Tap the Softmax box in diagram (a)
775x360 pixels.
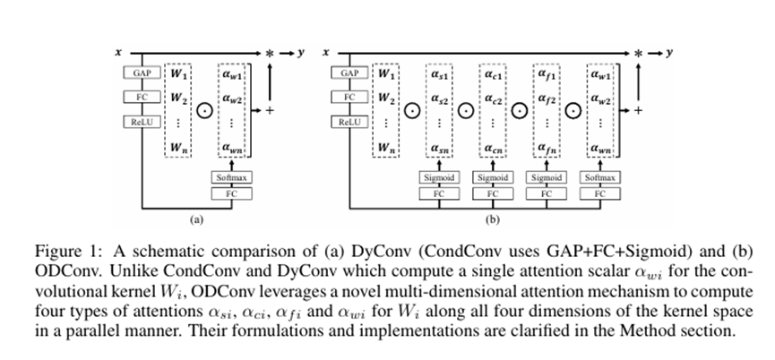click(x=231, y=178)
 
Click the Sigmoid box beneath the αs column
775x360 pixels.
click(x=439, y=178)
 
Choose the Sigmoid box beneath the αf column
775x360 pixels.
click(x=546, y=178)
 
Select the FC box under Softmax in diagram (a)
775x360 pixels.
click(x=231, y=193)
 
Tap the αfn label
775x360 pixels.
click(x=546, y=148)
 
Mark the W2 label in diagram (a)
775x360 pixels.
click(x=179, y=97)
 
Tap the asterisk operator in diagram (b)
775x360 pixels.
click(x=637, y=54)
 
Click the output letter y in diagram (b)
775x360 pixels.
click(x=667, y=53)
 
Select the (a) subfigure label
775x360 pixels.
click(x=195, y=217)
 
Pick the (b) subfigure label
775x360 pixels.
click(x=492, y=217)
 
